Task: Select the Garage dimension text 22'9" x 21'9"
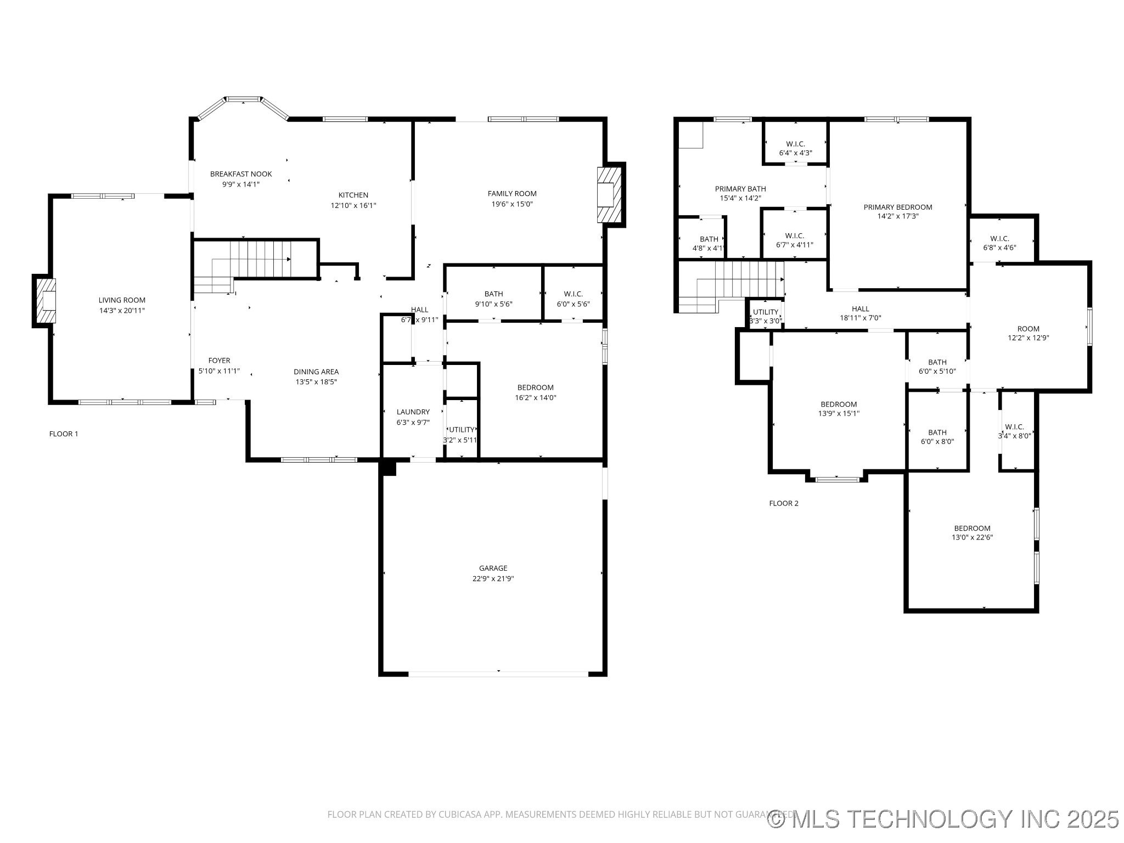pos(493,578)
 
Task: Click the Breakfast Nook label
pos(241,174)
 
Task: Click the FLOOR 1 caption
pos(64,434)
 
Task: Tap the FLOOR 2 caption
pos(784,503)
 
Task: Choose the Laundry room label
pos(413,412)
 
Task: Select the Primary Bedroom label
pos(898,207)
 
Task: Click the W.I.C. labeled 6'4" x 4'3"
pos(795,148)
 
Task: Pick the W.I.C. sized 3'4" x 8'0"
pos(1014,431)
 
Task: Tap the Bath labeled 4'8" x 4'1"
pos(709,243)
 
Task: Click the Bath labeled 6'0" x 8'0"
pos(937,436)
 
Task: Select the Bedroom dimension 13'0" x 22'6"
pos(972,538)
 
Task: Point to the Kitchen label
pos(353,195)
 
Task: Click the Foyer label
pos(219,361)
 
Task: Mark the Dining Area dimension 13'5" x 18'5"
pos(316,381)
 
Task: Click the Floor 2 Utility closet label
pos(766,312)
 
